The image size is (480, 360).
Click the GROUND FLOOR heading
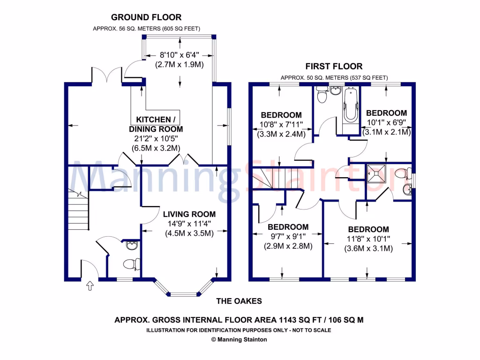tap(146, 18)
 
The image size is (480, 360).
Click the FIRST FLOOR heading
tap(334, 67)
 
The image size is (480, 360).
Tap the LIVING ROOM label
tap(189, 214)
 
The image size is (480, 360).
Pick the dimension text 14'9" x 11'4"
tap(189, 224)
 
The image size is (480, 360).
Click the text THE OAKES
tap(239, 301)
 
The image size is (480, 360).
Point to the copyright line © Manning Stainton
tap(239, 339)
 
